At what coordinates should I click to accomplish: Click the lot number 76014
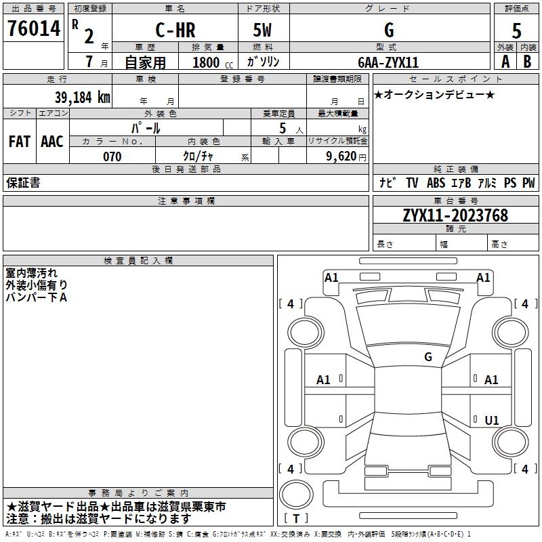pyautogui.click(x=34, y=28)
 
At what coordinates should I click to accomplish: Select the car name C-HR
pyautogui.click(x=175, y=30)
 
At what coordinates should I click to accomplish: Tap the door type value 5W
pyautogui.click(x=262, y=30)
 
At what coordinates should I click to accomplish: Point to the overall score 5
pyautogui.click(x=516, y=30)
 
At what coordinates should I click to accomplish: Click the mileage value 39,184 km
pyautogui.click(x=82, y=97)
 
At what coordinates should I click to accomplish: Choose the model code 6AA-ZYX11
pyautogui.click(x=388, y=62)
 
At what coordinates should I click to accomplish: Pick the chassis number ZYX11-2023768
pyautogui.click(x=455, y=215)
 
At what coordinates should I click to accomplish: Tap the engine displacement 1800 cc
pyautogui.click(x=213, y=62)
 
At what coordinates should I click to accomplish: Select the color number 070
pyautogui.click(x=112, y=157)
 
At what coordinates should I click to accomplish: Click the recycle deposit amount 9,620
pyautogui.click(x=341, y=156)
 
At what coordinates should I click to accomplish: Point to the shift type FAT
pyautogui.click(x=20, y=142)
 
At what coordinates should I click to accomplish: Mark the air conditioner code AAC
pyautogui.click(x=52, y=142)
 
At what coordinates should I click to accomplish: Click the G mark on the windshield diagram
pyautogui.click(x=428, y=356)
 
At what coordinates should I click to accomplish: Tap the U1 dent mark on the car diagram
pyautogui.click(x=492, y=420)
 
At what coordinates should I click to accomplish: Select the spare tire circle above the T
pyautogui.click(x=296, y=495)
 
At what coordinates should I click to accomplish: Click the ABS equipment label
pyautogui.click(x=436, y=182)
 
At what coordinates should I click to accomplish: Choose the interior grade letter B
pyautogui.click(x=527, y=62)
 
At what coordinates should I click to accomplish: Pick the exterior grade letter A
pyautogui.click(x=505, y=62)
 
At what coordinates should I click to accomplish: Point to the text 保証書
pyautogui.click(x=23, y=182)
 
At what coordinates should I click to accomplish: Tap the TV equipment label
pyautogui.click(x=412, y=182)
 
